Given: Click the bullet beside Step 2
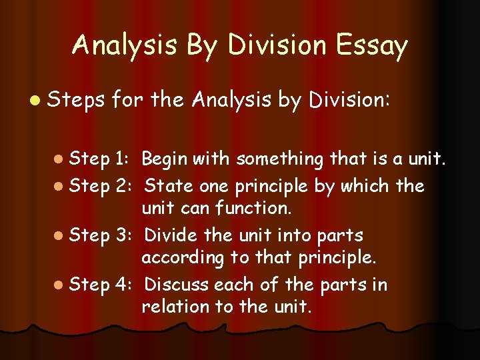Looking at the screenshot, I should pos(61,185).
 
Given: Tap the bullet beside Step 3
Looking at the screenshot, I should pos(61,235).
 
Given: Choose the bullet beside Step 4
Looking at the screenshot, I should pos(61,285).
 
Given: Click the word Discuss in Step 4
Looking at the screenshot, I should pos(176,285).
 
